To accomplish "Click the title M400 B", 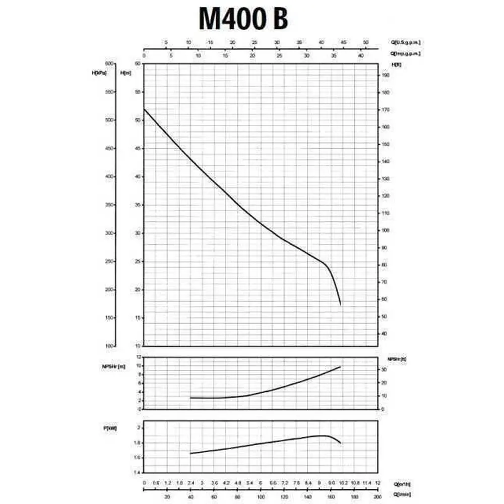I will (243, 19).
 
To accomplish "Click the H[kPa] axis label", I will (99, 73).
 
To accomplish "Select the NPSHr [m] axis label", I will (113, 366).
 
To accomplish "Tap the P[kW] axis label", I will (110, 428).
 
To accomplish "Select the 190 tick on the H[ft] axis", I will (385, 75).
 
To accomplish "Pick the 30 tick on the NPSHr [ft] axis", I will (384, 369).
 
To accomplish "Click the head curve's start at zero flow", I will (144, 109).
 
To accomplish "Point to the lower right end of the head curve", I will (341, 304).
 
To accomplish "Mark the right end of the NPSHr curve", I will (341, 366).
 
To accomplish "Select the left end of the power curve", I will (191, 454).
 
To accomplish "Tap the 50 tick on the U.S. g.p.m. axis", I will (366, 42).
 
